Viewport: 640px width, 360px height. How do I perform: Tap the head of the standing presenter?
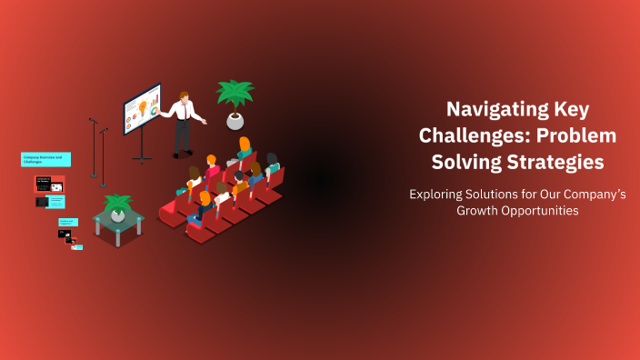[185, 96]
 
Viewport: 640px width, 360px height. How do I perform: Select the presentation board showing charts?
[143, 109]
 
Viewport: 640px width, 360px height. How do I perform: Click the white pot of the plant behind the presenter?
[235, 120]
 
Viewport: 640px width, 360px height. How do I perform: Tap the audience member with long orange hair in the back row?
[244, 147]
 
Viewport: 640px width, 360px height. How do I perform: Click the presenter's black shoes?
[181, 155]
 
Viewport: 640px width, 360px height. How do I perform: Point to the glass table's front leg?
[119, 240]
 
